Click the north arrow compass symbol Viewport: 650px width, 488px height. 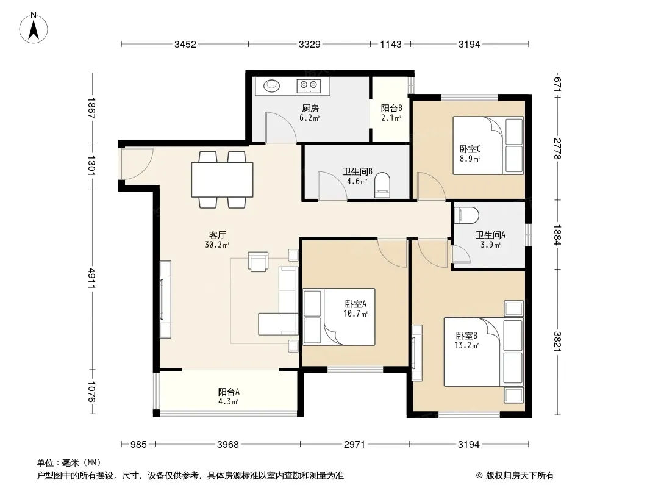point(34,28)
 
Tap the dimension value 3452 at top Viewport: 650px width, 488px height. point(185,45)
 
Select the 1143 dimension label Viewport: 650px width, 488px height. point(391,45)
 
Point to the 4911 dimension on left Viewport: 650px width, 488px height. point(91,279)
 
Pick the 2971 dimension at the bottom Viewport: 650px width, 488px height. point(354,445)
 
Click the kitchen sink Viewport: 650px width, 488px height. point(272,86)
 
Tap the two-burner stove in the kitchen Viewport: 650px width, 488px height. point(309,86)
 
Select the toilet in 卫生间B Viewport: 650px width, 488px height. point(382,185)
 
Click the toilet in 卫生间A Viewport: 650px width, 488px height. point(467,215)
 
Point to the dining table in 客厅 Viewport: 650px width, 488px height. point(222,179)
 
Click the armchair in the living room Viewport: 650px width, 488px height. point(258,261)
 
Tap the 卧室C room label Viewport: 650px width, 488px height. point(470,149)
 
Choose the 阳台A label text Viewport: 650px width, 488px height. point(229,392)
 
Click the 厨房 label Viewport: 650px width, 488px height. point(310,109)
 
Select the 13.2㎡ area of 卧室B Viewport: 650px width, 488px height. point(467,345)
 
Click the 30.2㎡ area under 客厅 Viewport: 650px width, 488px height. point(217,245)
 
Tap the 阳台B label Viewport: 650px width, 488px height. point(391,109)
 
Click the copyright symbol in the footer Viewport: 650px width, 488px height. point(479,476)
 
